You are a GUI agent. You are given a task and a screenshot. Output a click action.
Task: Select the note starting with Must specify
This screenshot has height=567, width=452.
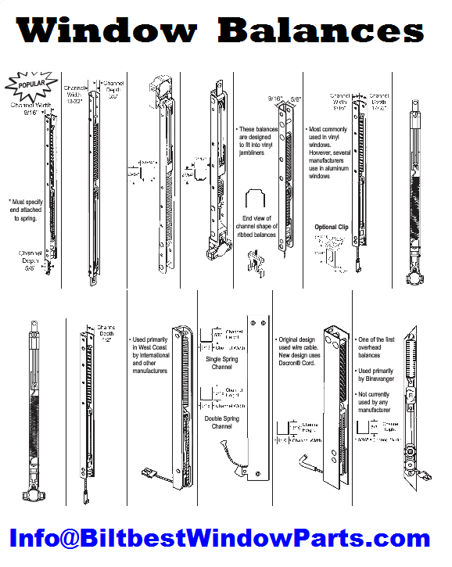pyautogui.click(x=29, y=211)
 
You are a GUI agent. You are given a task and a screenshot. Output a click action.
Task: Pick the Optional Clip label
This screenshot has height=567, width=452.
pyautogui.click(x=331, y=227)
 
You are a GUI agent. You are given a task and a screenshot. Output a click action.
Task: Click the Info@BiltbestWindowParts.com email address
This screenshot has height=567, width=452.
pyautogui.click(x=220, y=539)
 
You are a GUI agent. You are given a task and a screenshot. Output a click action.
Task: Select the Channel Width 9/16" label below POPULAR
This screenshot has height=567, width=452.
pyautogui.click(x=28, y=109)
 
